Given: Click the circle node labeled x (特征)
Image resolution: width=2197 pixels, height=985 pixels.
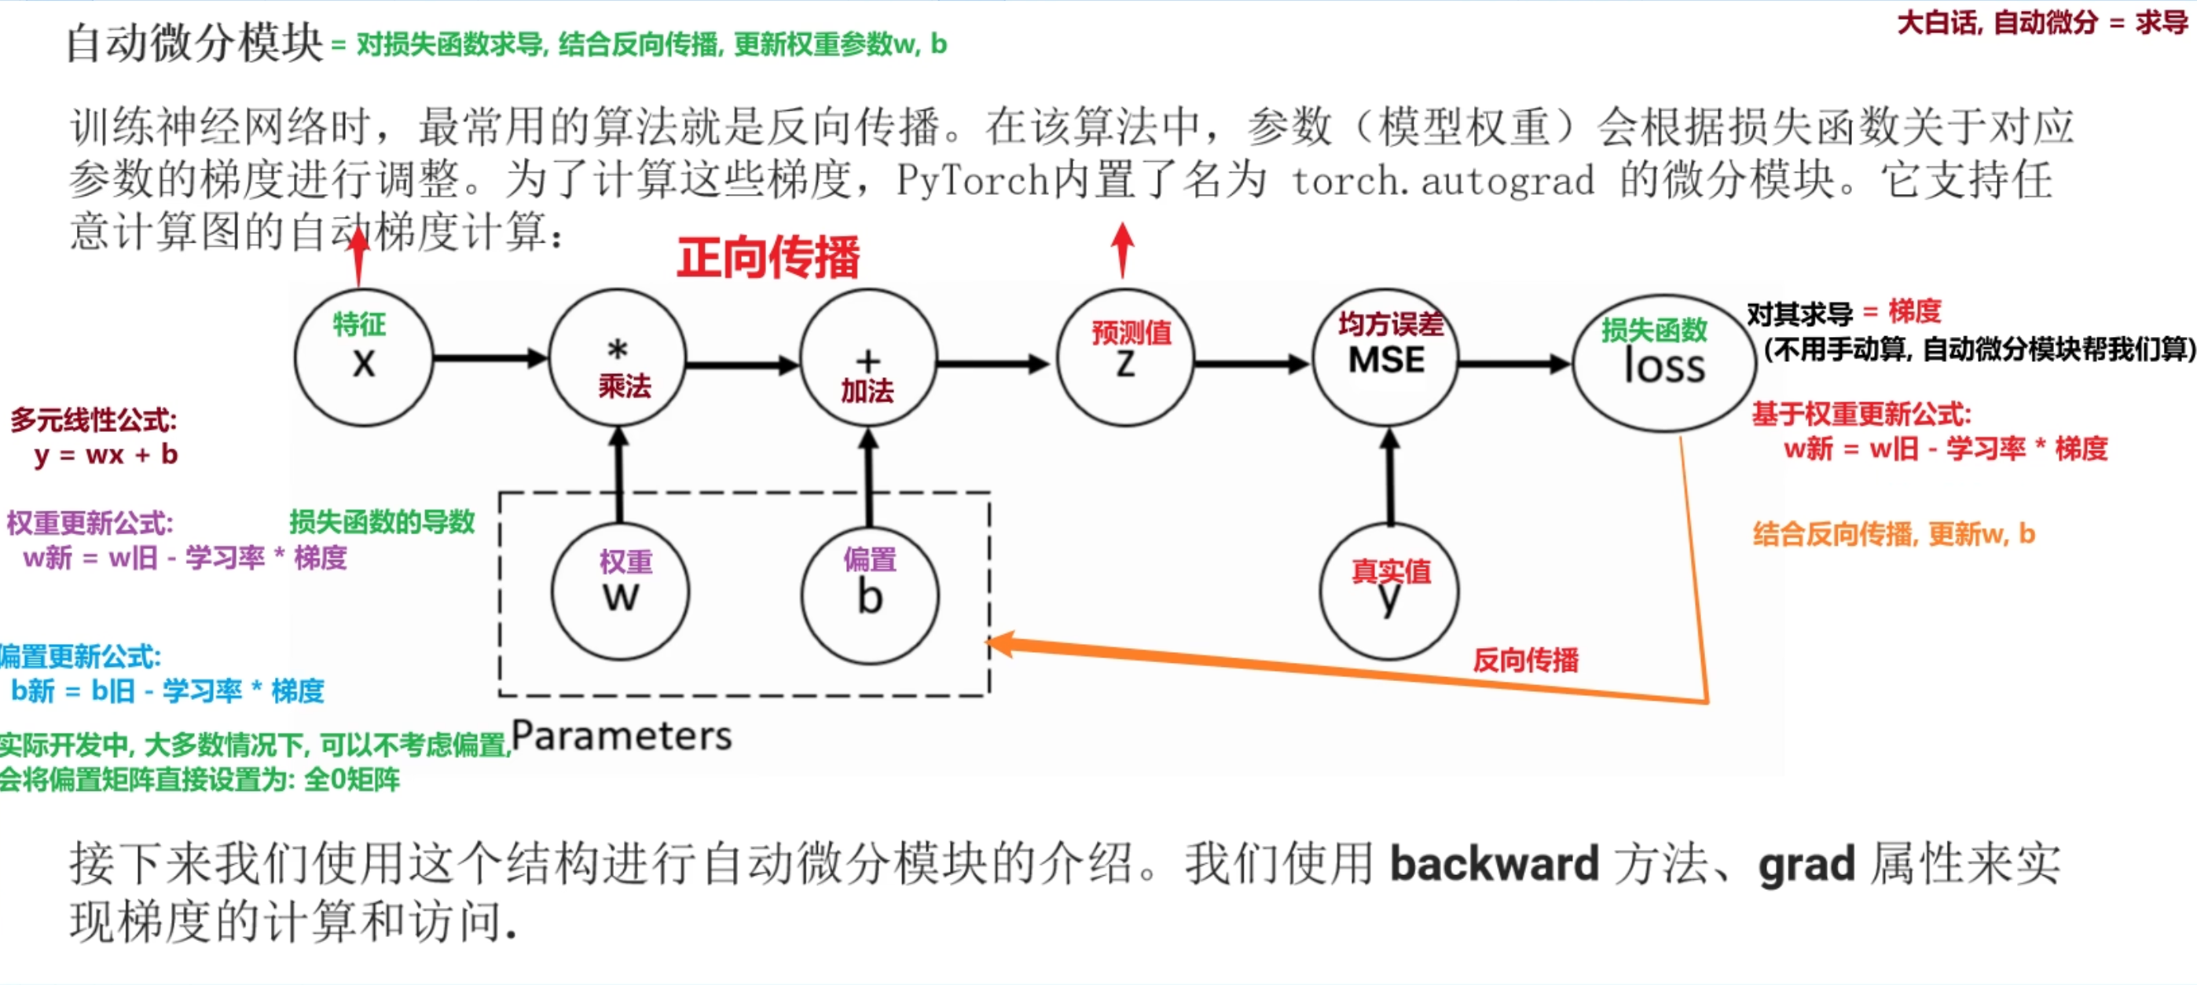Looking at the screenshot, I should [363, 357].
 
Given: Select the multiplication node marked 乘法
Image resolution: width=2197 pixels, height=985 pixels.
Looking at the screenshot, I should [618, 357].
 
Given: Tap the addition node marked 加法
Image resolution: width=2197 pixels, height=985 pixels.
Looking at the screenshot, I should [868, 357].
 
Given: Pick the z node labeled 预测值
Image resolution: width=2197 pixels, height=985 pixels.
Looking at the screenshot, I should [1126, 357].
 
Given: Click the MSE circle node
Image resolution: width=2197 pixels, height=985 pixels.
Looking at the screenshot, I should [1387, 357].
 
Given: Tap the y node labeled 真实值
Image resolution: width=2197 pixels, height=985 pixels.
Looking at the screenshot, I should [1389, 591].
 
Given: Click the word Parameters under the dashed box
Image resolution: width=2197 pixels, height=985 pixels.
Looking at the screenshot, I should [621, 735].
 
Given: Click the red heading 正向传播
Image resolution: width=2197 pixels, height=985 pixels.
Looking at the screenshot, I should [768, 257].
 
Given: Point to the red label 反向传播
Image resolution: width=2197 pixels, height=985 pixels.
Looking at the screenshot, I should [1525, 659].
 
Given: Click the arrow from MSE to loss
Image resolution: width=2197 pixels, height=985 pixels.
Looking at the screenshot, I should [1514, 364].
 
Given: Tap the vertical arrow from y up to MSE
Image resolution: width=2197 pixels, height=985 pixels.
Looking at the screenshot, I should [1389, 478].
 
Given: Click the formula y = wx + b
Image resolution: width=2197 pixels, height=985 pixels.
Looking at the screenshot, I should [106, 455].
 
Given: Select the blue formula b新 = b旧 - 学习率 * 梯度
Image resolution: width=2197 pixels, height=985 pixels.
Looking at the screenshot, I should [167, 690].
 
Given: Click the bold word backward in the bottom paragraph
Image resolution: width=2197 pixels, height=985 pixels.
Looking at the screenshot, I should [1495, 864].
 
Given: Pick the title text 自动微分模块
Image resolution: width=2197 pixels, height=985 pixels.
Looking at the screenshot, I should [194, 42].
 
